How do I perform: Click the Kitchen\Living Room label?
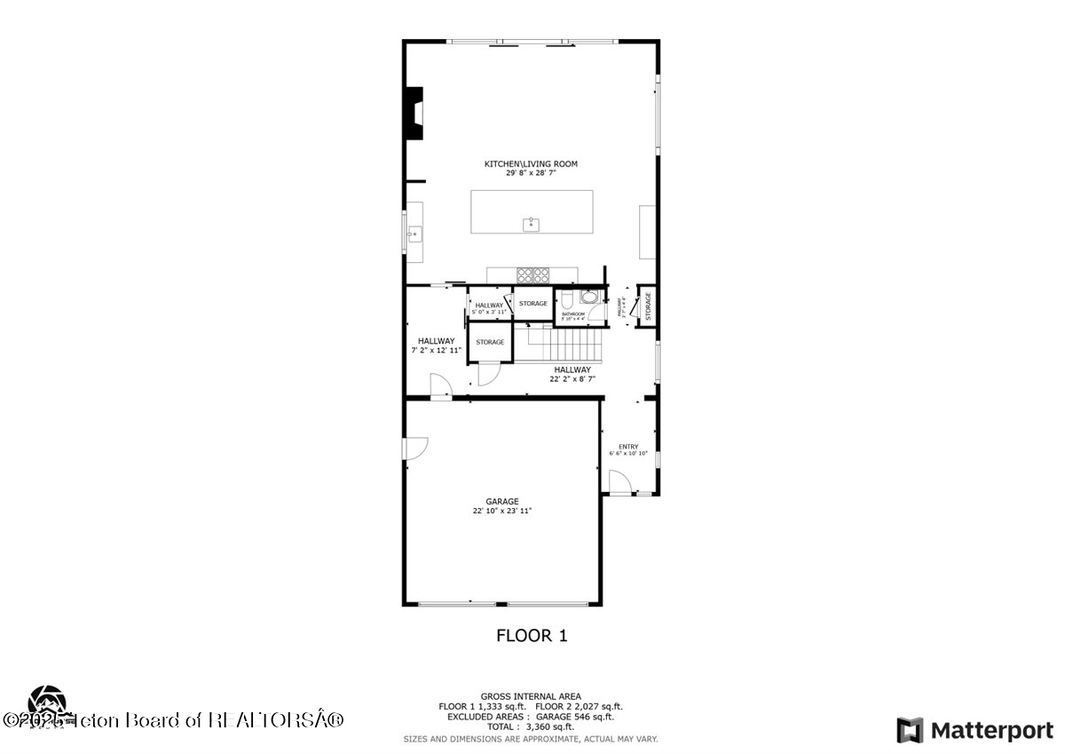531,163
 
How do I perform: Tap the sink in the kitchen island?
531,224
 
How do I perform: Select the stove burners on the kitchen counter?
532,274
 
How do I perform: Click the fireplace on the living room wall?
414,113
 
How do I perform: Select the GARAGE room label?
502,502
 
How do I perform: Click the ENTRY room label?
628,447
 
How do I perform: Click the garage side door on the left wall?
414,448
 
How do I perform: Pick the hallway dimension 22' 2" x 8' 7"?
572,378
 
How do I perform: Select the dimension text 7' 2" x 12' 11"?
437,351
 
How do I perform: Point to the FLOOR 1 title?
531,635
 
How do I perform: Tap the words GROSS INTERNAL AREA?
531,696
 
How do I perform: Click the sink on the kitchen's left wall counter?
413,234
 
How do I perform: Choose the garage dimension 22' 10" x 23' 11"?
502,512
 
